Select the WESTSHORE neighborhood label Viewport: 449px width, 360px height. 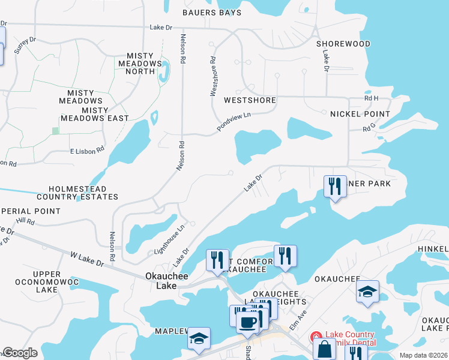point(250,100)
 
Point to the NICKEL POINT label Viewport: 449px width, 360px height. point(360,114)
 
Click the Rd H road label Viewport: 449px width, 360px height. point(372,98)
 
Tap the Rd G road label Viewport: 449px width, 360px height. point(369,128)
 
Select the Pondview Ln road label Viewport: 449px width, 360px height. point(234,122)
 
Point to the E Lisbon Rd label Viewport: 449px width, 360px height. point(87,151)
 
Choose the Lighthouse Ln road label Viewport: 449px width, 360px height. point(170,238)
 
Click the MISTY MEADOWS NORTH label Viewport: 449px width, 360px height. point(140,64)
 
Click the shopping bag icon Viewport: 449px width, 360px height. point(324,349)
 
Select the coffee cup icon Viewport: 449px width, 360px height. point(247,322)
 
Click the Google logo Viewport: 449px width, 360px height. point(20,353)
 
